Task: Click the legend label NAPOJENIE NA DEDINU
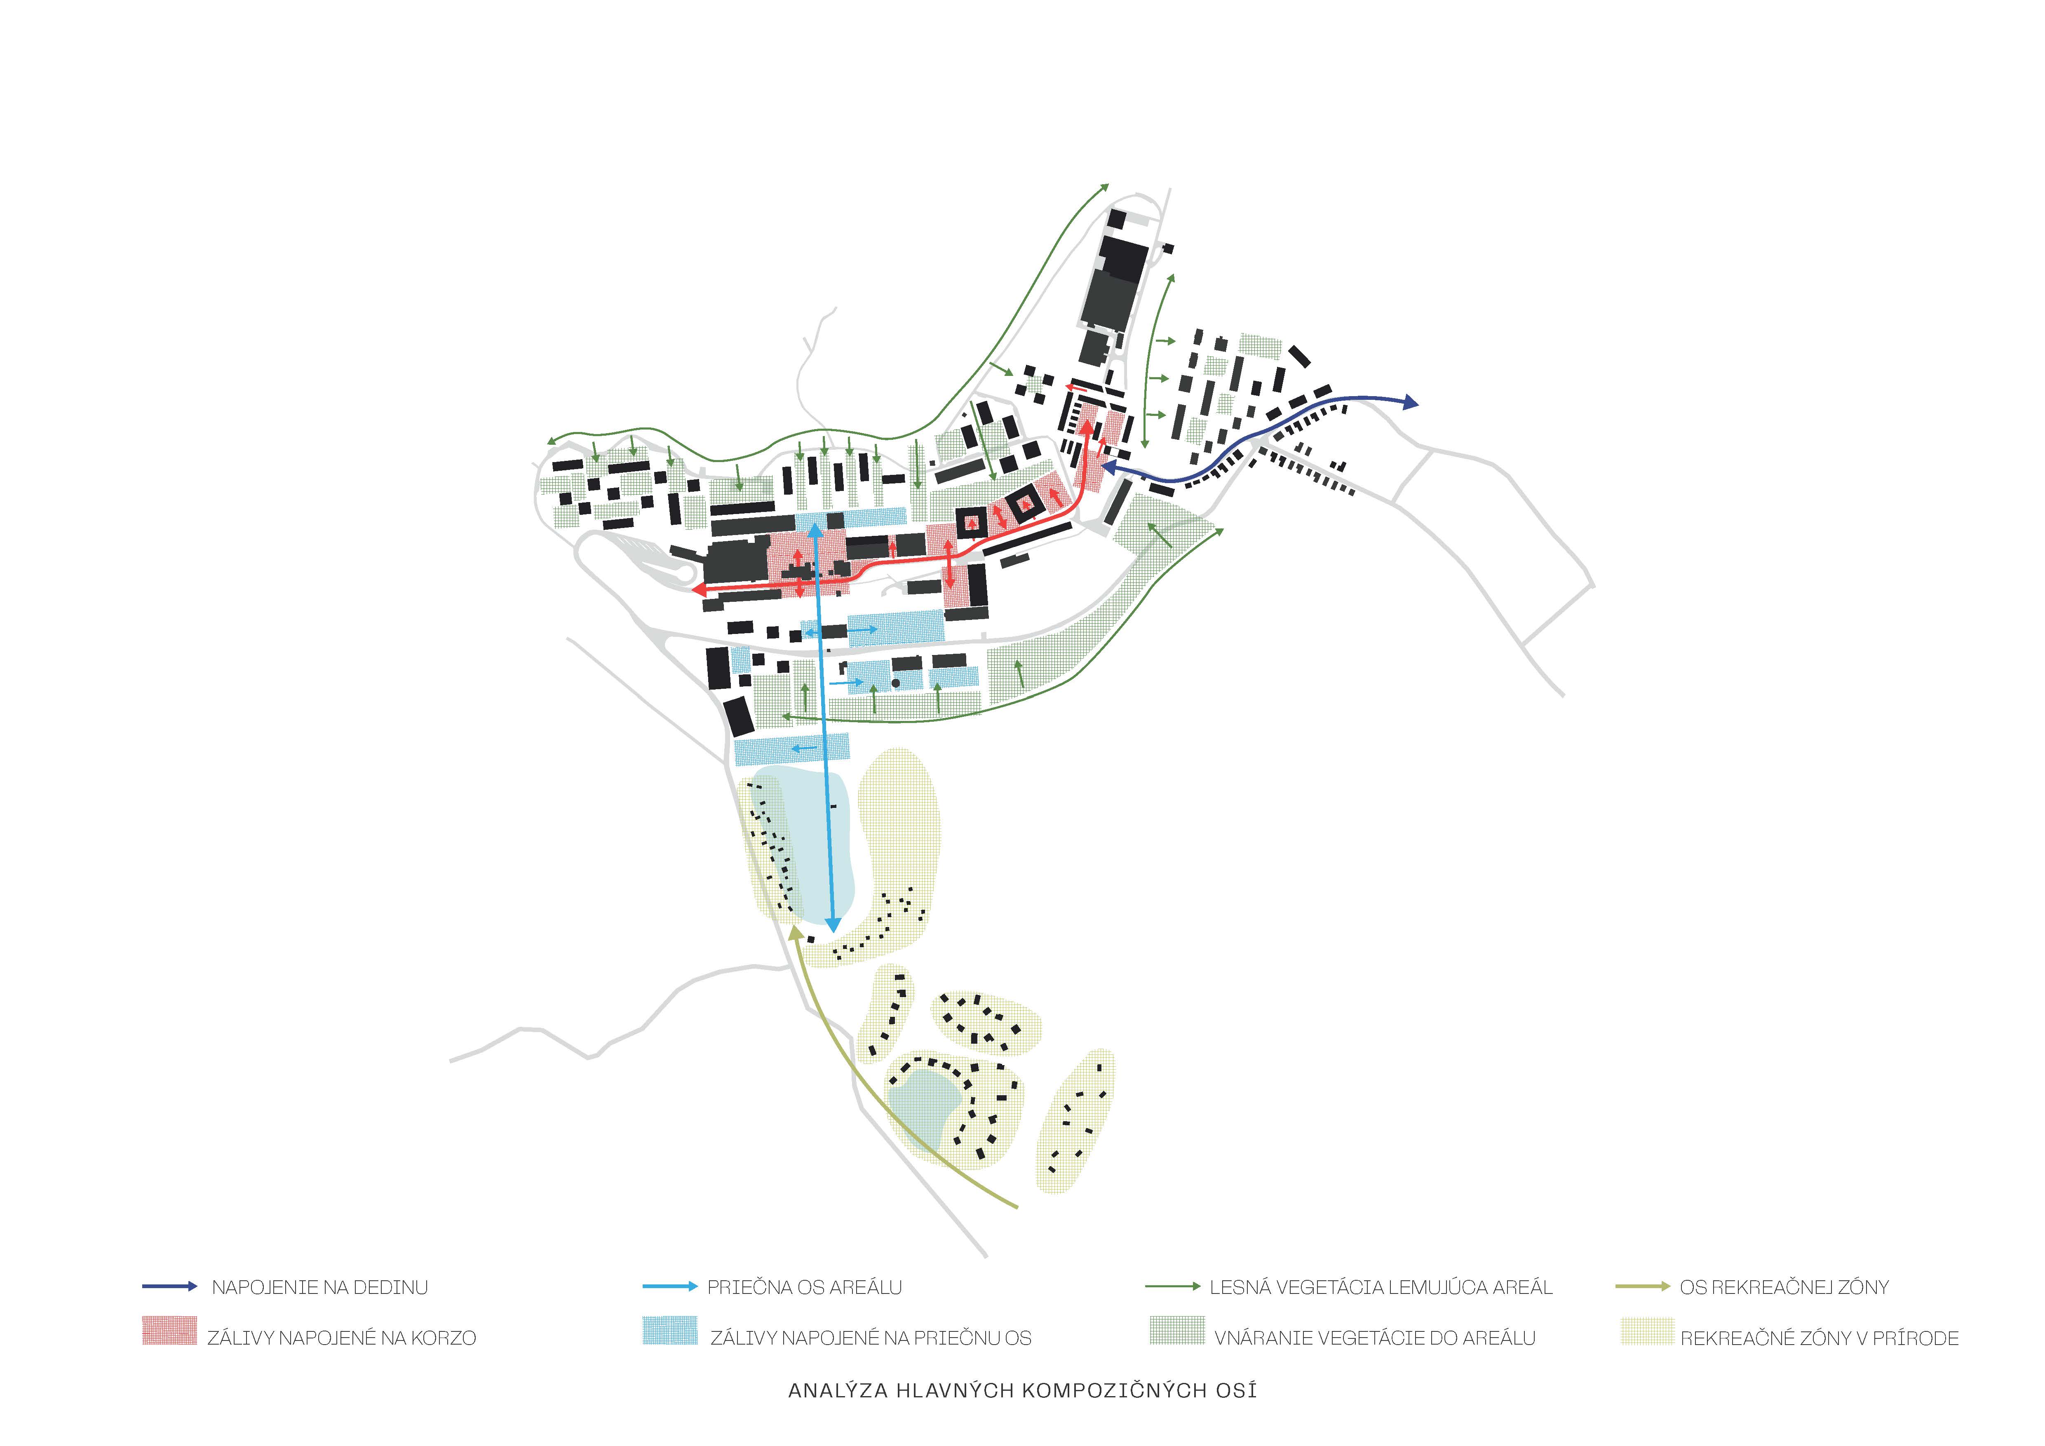320,1288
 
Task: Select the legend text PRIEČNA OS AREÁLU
804,1288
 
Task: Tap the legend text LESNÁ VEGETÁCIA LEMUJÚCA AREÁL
1381,1288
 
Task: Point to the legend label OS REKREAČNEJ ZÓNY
1784,1288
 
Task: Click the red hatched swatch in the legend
169,1330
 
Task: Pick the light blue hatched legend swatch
670,1330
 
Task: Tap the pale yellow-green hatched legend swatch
1647,1330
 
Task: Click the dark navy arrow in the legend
169,1286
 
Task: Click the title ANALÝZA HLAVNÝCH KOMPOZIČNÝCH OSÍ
1022,1391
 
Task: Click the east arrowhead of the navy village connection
1411,402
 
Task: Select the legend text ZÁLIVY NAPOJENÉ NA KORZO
342,1338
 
